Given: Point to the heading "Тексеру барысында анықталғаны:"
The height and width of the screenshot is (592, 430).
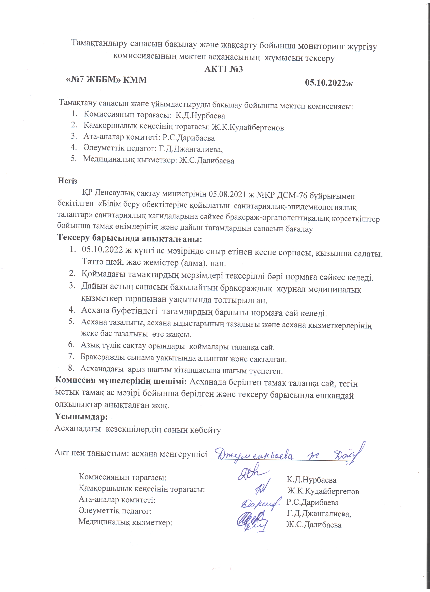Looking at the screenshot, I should click(x=130, y=238).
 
